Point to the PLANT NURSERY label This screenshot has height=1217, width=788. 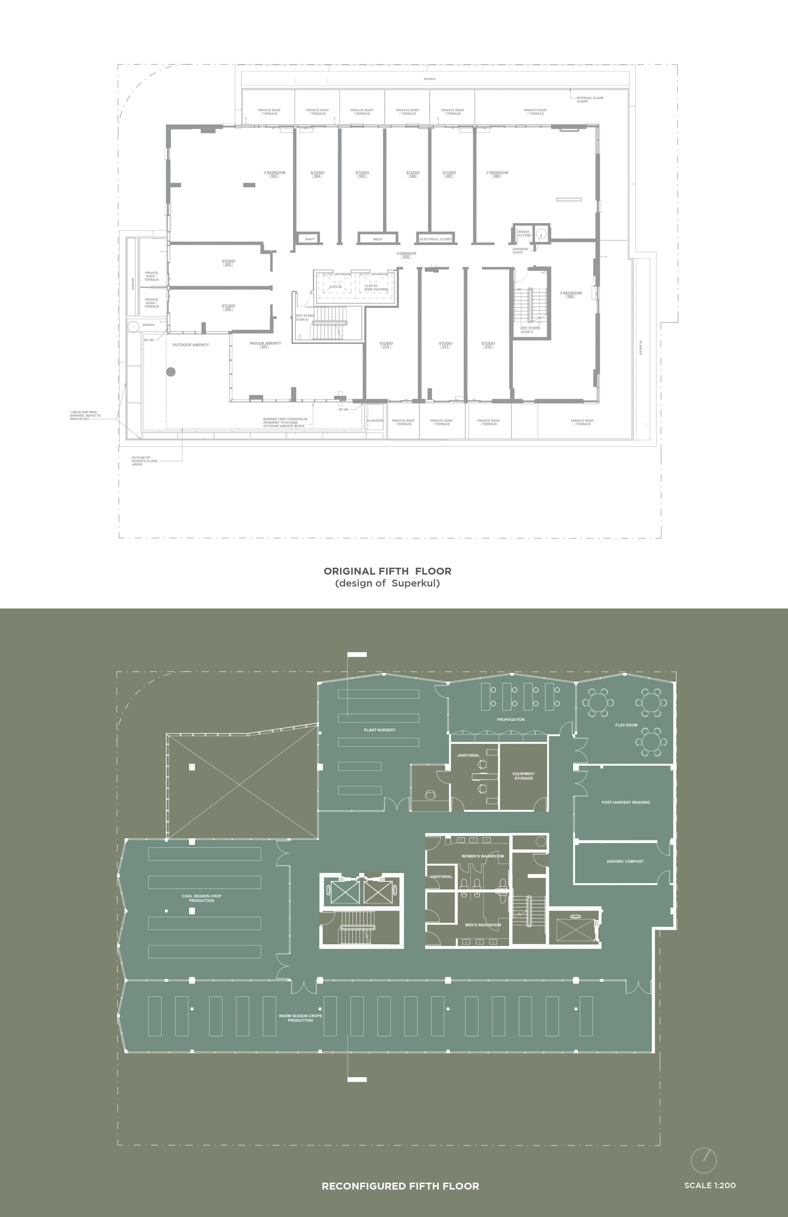pos(380,730)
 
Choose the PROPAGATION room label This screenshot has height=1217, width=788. pos(511,719)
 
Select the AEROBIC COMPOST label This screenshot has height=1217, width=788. pos(625,861)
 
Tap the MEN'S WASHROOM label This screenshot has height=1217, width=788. pos(483,925)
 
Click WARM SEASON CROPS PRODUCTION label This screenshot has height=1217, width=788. pos(300,1018)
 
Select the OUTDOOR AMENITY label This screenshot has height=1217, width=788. pos(190,345)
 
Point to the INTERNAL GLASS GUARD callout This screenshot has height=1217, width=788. pos(590,99)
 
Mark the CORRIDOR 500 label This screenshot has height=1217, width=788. pos(406,255)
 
